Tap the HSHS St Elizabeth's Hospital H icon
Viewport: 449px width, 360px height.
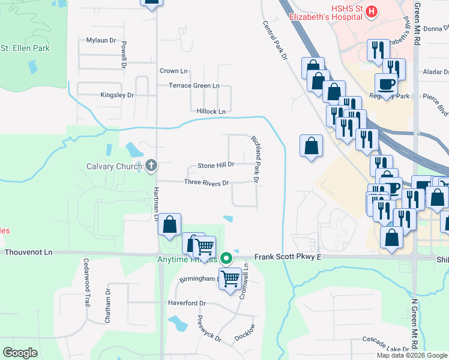coord(372,11)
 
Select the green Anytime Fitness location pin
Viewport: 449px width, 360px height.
coord(226,259)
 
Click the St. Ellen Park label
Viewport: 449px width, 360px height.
coord(25,48)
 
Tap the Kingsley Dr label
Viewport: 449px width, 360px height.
coord(116,95)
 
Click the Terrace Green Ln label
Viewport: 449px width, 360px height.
coord(194,86)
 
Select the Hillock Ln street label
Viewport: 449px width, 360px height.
coord(211,111)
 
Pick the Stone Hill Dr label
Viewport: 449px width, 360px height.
coord(215,164)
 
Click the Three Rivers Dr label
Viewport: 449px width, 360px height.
coord(206,182)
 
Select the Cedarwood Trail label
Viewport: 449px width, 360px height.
coord(86,290)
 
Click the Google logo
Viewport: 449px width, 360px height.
coord(20,353)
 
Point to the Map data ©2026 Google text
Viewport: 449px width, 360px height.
coord(412,355)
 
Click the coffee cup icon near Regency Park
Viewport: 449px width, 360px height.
coord(386,83)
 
